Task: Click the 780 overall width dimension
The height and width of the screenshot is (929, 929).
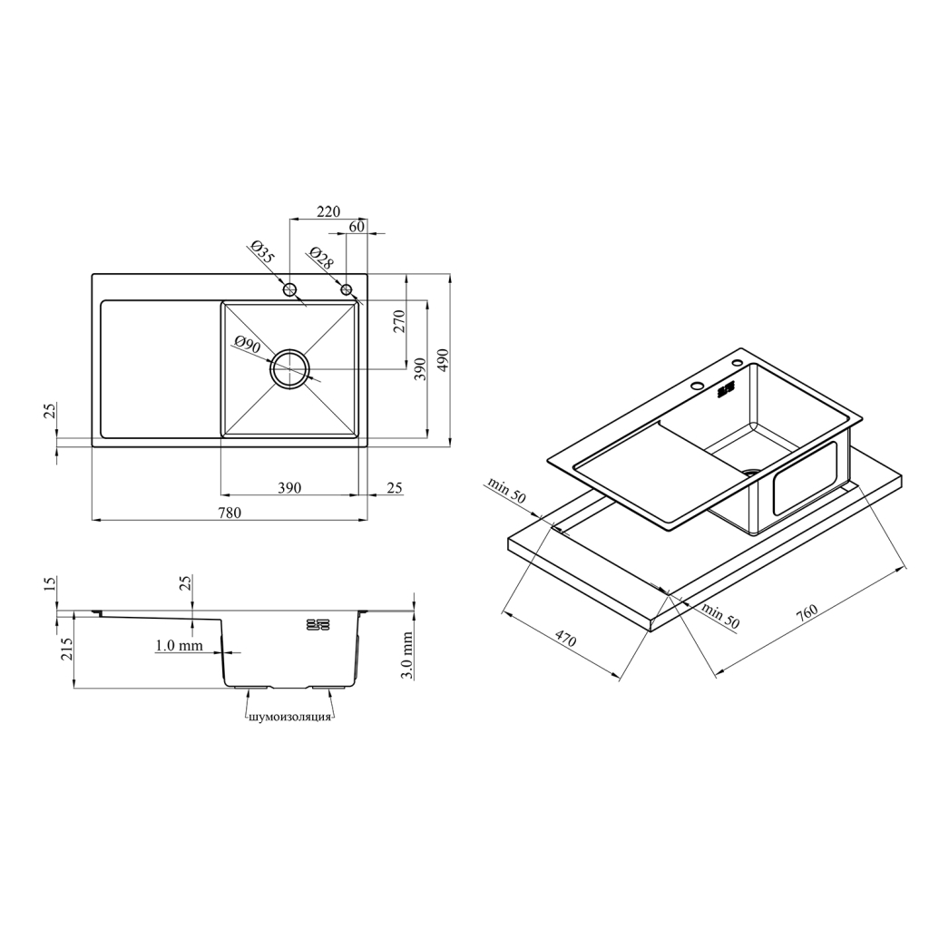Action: tap(230, 513)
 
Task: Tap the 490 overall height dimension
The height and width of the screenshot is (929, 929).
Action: tap(443, 360)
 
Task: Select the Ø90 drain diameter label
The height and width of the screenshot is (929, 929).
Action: tap(248, 344)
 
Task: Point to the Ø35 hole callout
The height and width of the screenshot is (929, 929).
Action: tap(262, 252)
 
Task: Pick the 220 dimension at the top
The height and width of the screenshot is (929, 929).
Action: tap(328, 211)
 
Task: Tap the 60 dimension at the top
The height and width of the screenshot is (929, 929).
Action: tap(357, 226)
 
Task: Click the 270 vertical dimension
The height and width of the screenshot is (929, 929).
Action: tap(399, 321)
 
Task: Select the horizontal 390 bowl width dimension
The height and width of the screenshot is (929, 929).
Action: tap(289, 487)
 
